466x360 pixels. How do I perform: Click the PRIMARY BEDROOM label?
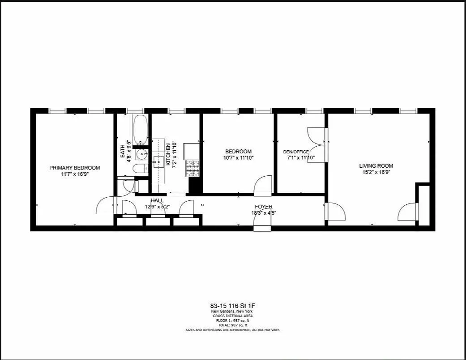[74, 168]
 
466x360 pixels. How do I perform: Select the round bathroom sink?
[142, 155]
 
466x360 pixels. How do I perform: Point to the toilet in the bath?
[141, 169]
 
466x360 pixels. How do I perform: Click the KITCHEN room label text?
[168, 155]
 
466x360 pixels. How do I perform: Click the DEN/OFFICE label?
[296, 152]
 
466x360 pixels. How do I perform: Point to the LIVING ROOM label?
[376, 166]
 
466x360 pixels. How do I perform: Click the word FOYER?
[264, 207]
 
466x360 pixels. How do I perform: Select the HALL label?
[157, 201]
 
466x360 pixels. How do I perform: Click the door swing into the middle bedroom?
[263, 185]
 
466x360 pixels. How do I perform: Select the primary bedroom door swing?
[106, 206]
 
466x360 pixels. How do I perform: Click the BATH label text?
[123, 152]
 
